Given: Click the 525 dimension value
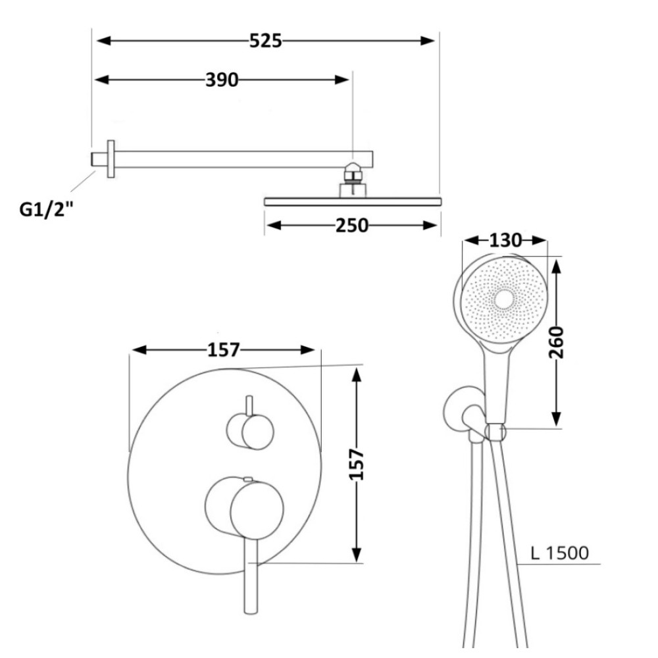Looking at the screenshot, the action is [266, 41].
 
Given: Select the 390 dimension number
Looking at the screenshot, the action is [222, 80].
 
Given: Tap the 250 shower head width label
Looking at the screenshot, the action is [351, 226].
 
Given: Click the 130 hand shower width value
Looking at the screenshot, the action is [505, 240].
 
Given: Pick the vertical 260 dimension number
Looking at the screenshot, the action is [556, 342].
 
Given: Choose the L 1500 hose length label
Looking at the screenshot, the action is [560, 553].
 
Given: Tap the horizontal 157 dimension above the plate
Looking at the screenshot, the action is [224, 350].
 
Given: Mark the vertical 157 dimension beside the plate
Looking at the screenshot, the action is [356, 464].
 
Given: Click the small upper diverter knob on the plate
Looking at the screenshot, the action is [251, 432].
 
